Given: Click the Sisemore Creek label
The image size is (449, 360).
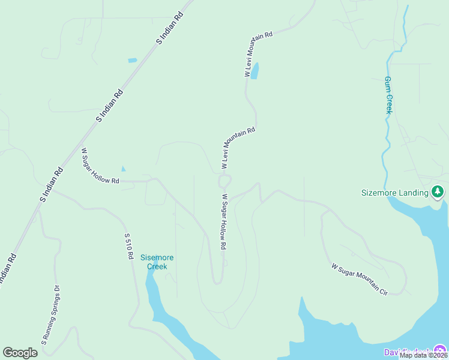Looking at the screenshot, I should pyautogui.click(x=157, y=262).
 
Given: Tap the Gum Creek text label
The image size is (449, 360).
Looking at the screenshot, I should pyautogui.click(x=388, y=95).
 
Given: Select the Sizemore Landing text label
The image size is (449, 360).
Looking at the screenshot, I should pyautogui.click(x=395, y=193).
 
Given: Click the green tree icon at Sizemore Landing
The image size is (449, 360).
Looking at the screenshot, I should pyautogui.click(x=438, y=192).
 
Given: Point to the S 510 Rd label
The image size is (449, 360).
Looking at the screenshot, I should pyautogui.click(x=128, y=246).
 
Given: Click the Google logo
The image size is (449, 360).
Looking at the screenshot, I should pyautogui.click(x=20, y=353).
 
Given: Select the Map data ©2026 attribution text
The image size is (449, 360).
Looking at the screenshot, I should pyautogui.click(x=423, y=355).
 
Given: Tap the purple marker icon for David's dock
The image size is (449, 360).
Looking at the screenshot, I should pyautogui.click(x=441, y=350).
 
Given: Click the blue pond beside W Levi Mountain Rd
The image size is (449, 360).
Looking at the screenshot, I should pyautogui.click(x=255, y=71).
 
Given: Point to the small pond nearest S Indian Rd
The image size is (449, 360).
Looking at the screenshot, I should pyautogui.click(x=132, y=61).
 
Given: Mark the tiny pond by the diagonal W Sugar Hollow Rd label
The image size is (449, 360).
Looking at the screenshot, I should pyautogui.click(x=124, y=169).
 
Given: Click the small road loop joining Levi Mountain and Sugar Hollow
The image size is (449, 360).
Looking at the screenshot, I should pyautogui.click(x=224, y=181).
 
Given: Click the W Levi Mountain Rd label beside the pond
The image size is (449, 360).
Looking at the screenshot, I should pyautogui.click(x=259, y=55).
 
